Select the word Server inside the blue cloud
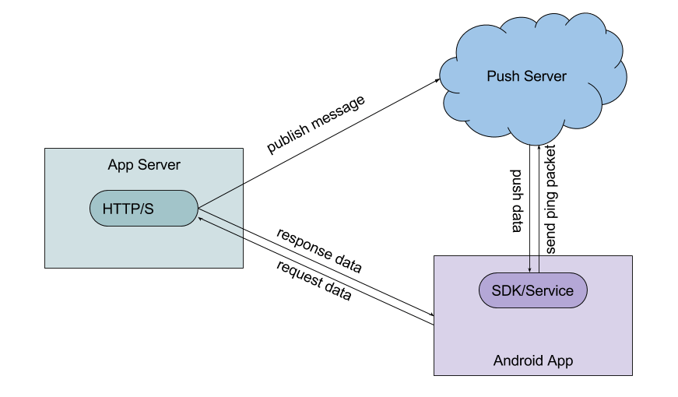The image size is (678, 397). point(545,76)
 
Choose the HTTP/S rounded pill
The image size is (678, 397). point(145,208)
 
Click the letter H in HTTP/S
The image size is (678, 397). point(108,208)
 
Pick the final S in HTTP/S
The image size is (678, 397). point(149,208)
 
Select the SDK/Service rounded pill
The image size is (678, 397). point(533,291)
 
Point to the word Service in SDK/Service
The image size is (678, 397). point(550,291)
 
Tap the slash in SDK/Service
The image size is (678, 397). point(523,291)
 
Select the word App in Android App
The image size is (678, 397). point(560,361)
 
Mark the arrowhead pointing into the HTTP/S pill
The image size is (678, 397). point(202,219)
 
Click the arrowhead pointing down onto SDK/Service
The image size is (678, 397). point(529,269)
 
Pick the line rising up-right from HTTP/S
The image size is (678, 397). point(222,196)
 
